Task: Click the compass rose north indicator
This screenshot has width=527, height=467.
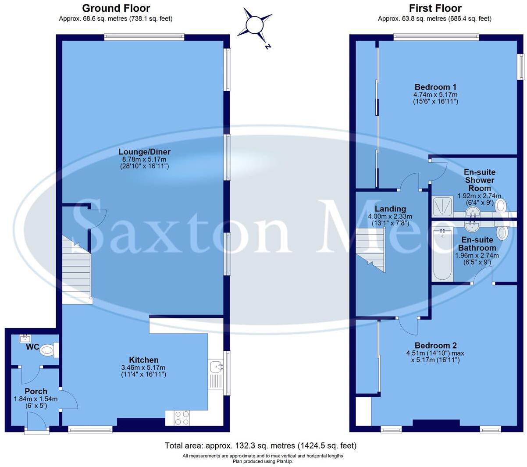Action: coord(255,26)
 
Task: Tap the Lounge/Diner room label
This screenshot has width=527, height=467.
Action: coord(144,152)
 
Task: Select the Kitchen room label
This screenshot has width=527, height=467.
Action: coord(143,360)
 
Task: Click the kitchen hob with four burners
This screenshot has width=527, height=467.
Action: coord(182,417)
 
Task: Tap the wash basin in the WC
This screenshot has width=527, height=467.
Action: coord(26,339)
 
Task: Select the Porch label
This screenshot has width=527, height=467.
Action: coord(36,391)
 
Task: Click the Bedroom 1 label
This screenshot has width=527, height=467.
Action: coord(435,86)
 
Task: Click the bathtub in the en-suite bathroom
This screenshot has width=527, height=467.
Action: coord(442,253)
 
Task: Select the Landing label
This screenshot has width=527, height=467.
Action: coord(390,209)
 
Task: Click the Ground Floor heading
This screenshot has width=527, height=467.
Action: coord(116,8)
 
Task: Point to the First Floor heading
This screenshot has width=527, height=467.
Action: coord(435,8)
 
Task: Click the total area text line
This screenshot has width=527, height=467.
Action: coord(260,446)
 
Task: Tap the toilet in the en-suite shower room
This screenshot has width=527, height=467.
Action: coord(501,205)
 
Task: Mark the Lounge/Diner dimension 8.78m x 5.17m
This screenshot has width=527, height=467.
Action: coord(144,159)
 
